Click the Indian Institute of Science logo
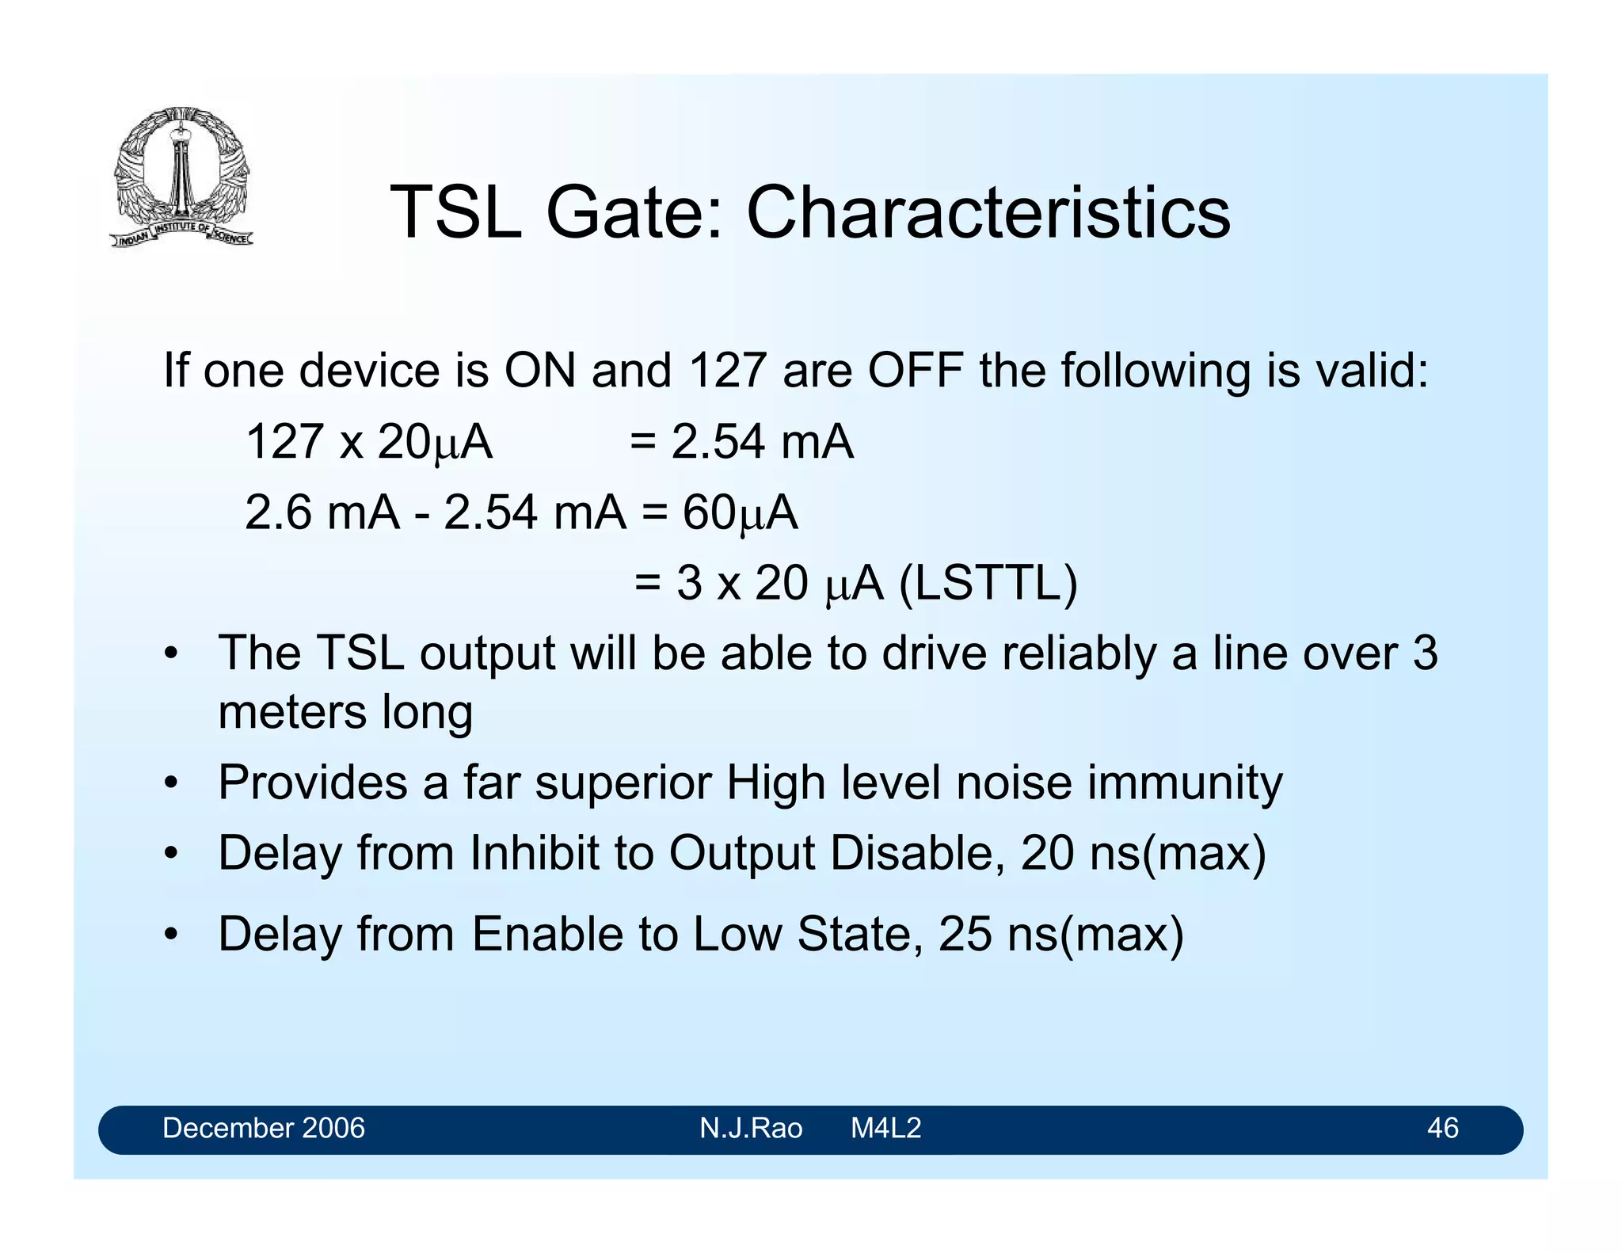point(182,176)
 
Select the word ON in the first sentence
point(540,370)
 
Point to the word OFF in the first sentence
point(915,370)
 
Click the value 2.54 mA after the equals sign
point(762,441)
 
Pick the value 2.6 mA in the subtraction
point(322,512)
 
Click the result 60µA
point(740,512)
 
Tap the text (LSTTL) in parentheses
point(988,584)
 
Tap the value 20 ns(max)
point(1143,854)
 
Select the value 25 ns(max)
point(1060,934)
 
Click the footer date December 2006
point(263,1128)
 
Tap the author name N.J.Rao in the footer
point(750,1128)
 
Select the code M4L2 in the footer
point(885,1128)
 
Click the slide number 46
point(1442,1128)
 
